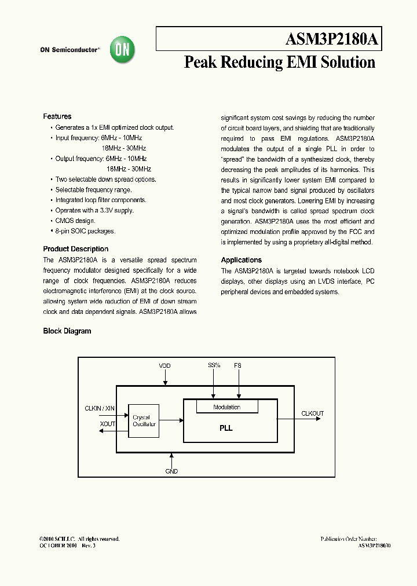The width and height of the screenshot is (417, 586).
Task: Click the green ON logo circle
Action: [123, 50]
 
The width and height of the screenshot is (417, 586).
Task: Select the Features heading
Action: [57, 116]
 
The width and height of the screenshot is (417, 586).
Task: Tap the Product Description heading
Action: [76, 249]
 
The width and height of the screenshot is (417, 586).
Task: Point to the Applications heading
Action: [242, 260]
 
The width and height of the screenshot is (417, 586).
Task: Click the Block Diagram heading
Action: [67, 331]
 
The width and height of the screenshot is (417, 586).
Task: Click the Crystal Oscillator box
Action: [144, 420]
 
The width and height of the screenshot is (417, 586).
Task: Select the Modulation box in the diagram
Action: [226, 407]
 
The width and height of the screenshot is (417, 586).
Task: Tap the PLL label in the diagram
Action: [226, 428]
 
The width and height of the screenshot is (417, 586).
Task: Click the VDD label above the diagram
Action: [165, 366]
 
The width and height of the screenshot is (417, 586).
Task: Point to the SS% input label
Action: [214, 366]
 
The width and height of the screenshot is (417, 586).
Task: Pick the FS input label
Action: [237, 366]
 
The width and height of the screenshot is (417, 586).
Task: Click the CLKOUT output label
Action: [313, 413]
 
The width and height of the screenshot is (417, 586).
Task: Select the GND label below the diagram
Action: [171, 471]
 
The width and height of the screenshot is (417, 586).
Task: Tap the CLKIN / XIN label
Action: [100, 409]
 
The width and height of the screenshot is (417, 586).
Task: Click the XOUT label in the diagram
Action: [108, 424]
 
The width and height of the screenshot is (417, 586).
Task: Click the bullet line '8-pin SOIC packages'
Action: [85, 231]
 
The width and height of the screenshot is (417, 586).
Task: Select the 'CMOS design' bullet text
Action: [75, 221]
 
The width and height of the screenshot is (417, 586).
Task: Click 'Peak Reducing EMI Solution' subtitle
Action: [280, 63]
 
